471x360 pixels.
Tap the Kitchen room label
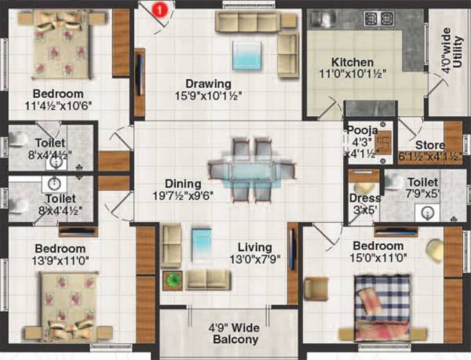point(352,63)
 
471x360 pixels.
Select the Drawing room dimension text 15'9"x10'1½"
point(208,96)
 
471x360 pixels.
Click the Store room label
point(430,145)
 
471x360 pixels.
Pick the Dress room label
point(363,198)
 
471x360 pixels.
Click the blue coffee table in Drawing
point(249,56)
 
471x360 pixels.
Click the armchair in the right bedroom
point(316,289)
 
